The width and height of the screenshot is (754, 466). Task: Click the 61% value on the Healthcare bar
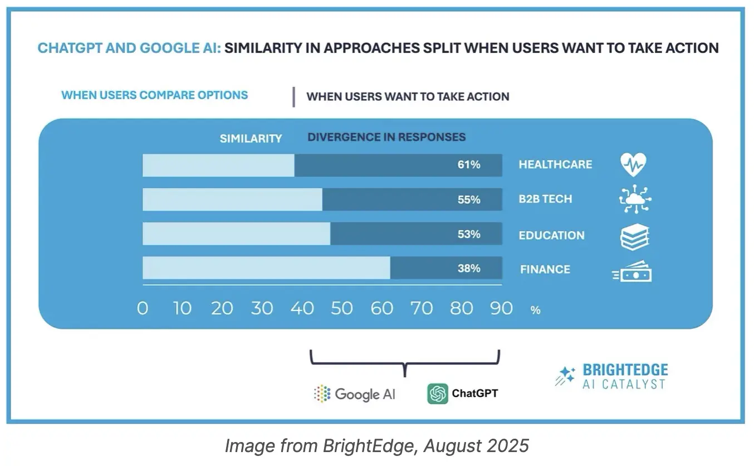click(x=469, y=165)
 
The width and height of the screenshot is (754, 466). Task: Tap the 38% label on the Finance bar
click(x=469, y=268)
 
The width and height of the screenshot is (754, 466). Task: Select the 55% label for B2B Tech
click(x=469, y=200)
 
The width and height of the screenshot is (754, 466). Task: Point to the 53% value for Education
click(x=469, y=234)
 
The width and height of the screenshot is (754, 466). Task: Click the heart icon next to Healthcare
click(x=634, y=165)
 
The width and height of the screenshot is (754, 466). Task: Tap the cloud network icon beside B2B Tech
click(x=635, y=200)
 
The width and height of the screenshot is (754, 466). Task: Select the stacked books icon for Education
click(x=635, y=236)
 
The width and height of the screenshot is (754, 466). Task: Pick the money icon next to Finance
click(x=633, y=271)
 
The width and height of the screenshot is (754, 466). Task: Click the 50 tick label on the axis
click(x=341, y=308)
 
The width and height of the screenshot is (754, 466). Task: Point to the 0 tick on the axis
click(x=143, y=308)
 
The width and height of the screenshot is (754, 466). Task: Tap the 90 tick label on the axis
click(x=501, y=308)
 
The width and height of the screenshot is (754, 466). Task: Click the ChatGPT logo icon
click(x=438, y=394)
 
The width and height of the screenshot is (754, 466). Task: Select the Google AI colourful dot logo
click(x=322, y=394)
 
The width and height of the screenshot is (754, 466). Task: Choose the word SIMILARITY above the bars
click(x=251, y=138)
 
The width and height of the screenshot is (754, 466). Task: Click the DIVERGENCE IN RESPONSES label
click(x=386, y=137)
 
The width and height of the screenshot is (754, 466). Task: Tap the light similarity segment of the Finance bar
click(x=266, y=268)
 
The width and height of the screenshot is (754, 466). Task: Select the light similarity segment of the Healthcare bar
click(x=218, y=165)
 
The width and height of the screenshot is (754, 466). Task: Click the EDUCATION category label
click(x=551, y=235)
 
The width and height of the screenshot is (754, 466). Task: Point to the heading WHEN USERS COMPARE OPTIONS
click(x=154, y=95)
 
